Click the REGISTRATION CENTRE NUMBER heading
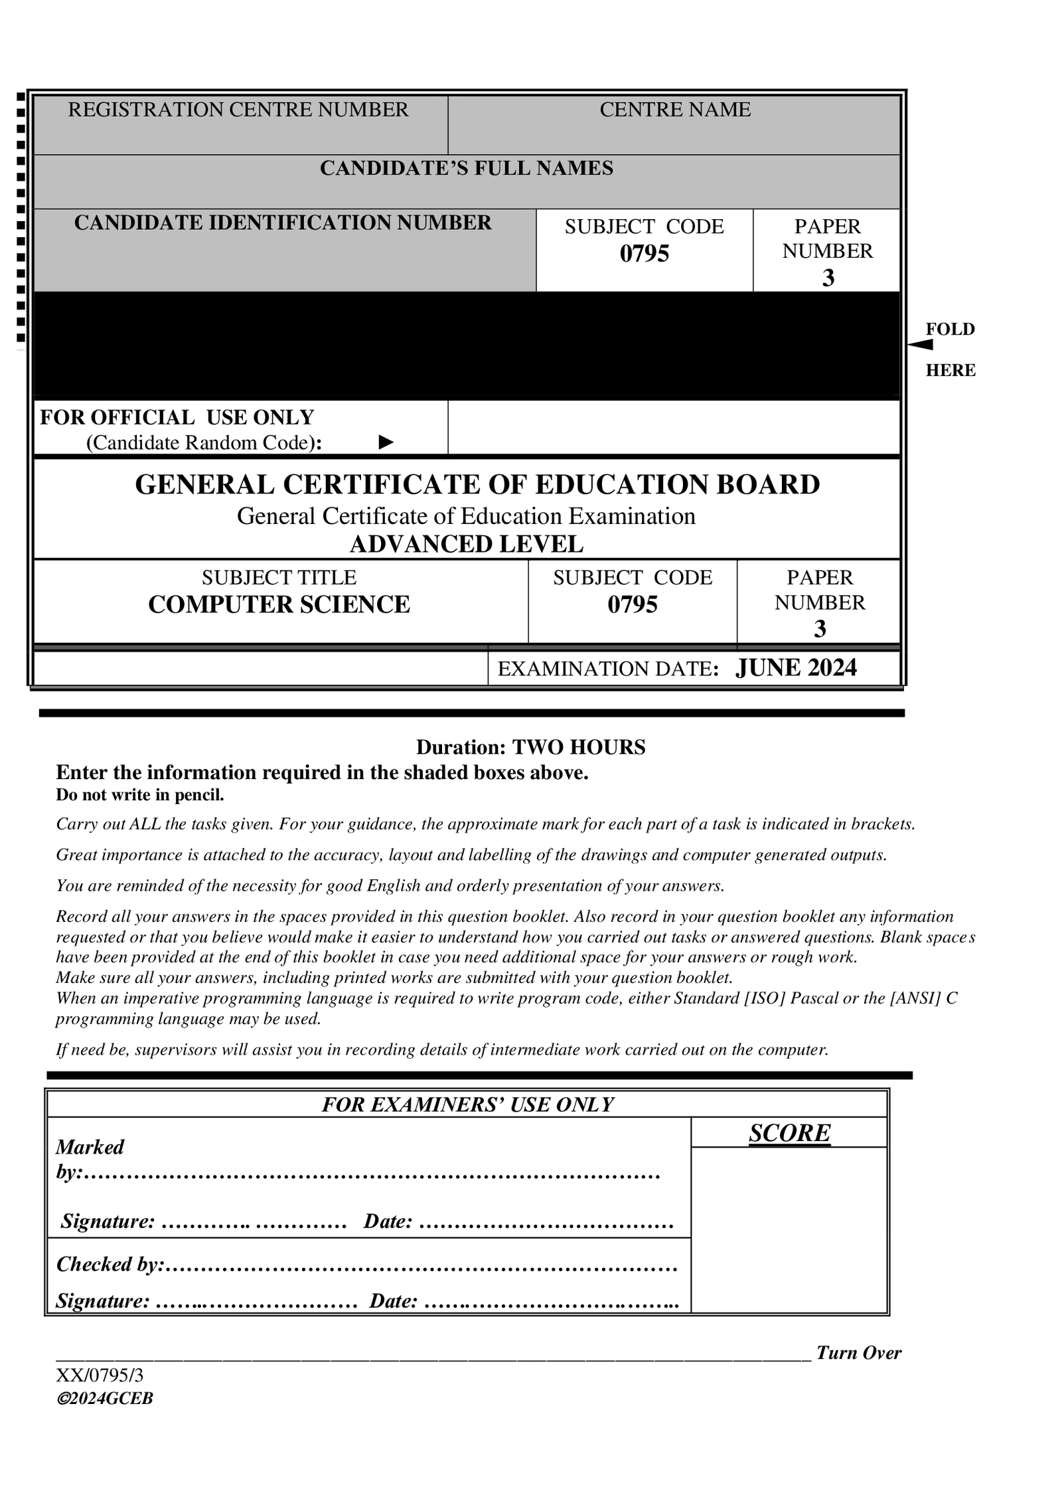[238, 110]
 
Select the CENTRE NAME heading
[674, 110]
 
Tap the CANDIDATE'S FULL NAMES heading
[466, 168]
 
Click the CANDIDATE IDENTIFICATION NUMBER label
[283, 222]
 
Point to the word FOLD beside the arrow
[950, 329]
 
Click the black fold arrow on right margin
[921, 344]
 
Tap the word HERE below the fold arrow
[950, 371]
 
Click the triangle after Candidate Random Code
[386, 442]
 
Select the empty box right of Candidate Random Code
[673, 427]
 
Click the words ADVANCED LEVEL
[466, 544]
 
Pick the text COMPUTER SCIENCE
[279, 604]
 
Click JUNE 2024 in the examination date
[796, 667]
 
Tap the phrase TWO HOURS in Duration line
[578, 747]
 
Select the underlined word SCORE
[789, 1133]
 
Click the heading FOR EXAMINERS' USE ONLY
[467, 1105]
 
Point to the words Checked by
[108, 1264]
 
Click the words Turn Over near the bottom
[858, 1353]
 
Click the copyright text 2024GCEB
[105, 1398]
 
